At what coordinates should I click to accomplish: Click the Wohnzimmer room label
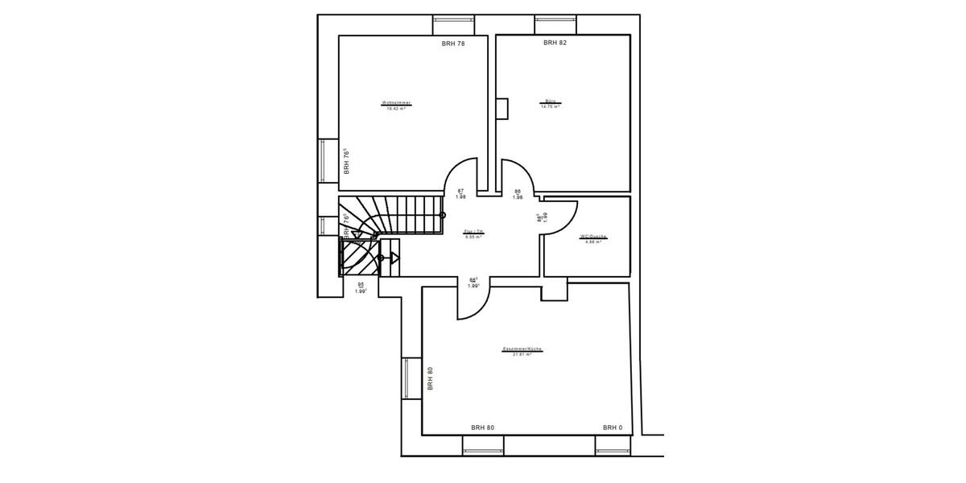coord(396,102)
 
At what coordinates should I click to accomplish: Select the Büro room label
coord(551,101)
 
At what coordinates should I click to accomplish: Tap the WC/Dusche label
coord(593,237)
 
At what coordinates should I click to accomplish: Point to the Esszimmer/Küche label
coord(522,349)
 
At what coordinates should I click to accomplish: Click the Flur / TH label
coord(474,231)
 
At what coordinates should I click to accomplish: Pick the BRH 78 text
coord(453,43)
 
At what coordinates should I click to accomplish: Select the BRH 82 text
coord(555,43)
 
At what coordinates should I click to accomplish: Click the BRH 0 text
coord(613,427)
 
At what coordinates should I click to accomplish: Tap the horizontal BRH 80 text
coord(482,427)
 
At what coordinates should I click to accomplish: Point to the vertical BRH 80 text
coord(431,378)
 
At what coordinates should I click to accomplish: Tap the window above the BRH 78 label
coord(454,24)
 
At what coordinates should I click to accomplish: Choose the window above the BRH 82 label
coord(555,24)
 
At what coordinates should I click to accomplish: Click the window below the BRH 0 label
coord(617,445)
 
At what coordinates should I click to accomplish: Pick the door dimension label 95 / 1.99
coord(361,287)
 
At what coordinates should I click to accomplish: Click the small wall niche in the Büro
coord(502,108)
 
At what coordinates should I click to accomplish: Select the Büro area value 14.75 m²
coord(551,106)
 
